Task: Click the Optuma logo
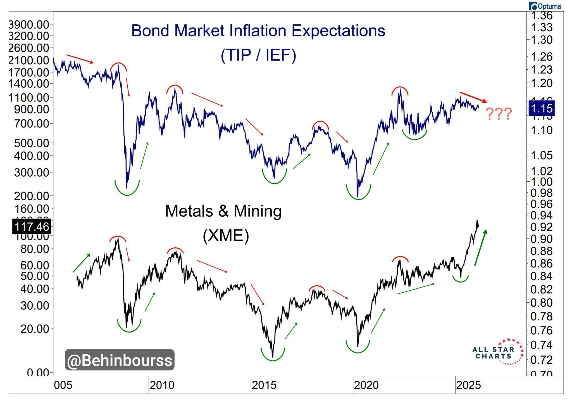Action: [545, 6]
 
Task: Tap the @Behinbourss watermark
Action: [120, 360]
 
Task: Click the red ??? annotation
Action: [499, 114]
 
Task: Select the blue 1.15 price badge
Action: [542, 108]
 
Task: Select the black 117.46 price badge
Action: [32, 227]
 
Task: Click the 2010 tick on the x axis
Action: [162, 385]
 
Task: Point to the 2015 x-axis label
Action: [264, 385]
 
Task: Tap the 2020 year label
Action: [366, 385]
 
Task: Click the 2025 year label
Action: [468, 385]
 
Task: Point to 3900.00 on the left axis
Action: [29, 25]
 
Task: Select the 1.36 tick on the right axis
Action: [541, 16]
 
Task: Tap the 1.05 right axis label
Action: [541, 155]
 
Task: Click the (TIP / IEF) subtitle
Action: [258, 55]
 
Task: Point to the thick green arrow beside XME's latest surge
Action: [480, 247]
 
